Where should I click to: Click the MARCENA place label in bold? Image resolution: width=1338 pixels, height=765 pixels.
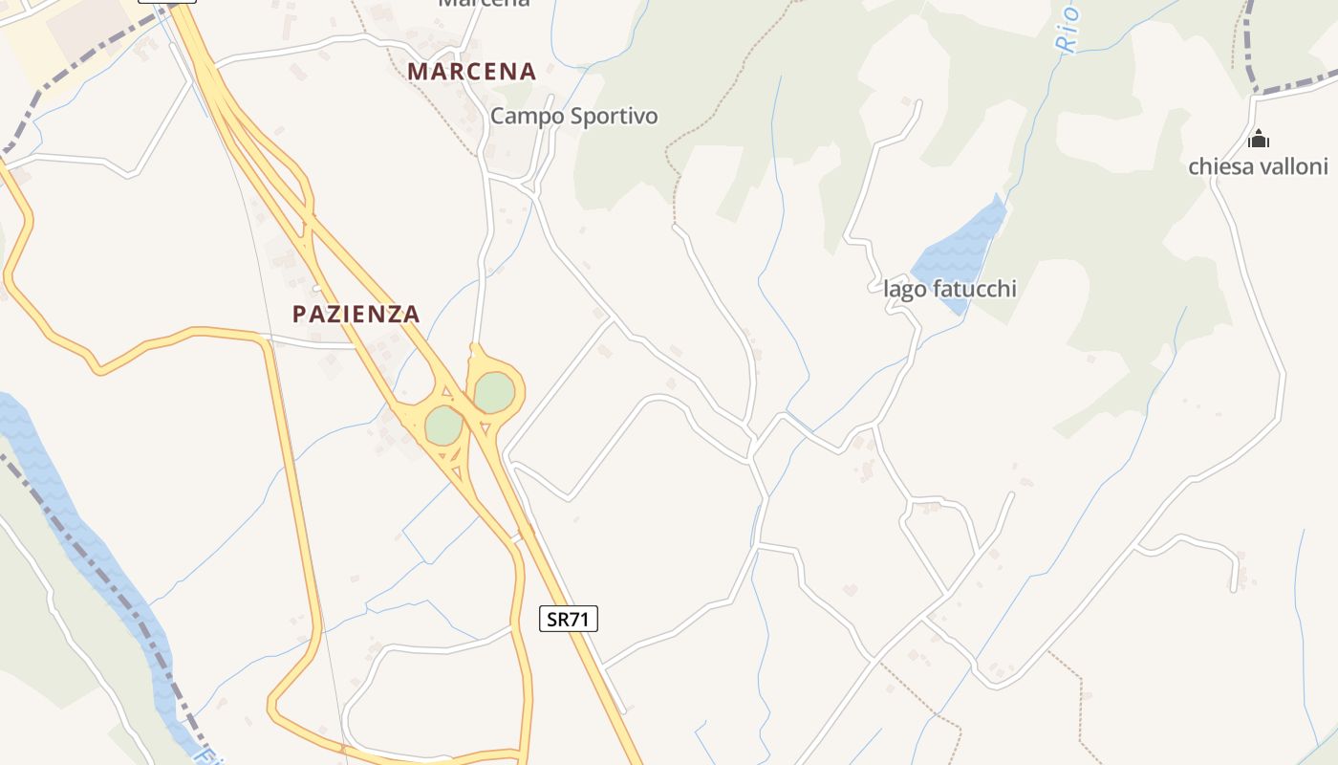click(471, 72)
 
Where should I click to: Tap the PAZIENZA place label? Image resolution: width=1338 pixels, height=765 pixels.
click(356, 314)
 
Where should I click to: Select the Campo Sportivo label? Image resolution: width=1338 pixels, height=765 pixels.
click(573, 117)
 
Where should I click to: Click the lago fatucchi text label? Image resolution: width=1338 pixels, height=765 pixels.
click(949, 289)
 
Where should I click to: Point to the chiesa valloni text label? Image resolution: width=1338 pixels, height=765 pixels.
click(1258, 167)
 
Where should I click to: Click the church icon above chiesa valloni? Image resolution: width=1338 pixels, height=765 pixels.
click(1259, 140)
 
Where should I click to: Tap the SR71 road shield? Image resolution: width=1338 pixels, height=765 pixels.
click(568, 619)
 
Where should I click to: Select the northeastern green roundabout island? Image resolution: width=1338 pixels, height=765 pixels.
click(494, 392)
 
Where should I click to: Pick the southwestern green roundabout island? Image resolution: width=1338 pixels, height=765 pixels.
click(443, 426)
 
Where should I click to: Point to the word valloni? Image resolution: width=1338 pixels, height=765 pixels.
click(1296, 167)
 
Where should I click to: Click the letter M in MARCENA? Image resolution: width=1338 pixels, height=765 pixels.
click(417, 72)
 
